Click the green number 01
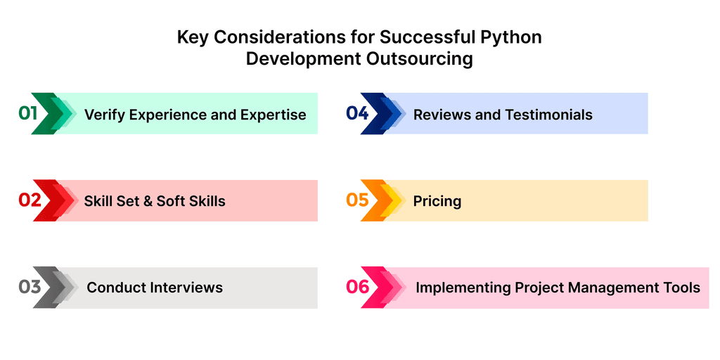click(x=28, y=113)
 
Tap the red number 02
click(x=30, y=200)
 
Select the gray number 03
click(x=30, y=287)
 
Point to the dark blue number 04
click(x=357, y=113)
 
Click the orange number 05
click(x=357, y=200)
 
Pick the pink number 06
click(x=358, y=287)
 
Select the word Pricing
click(x=437, y=201)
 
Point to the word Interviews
click(x=188, y=288)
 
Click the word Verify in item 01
click(x=102, y=115)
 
